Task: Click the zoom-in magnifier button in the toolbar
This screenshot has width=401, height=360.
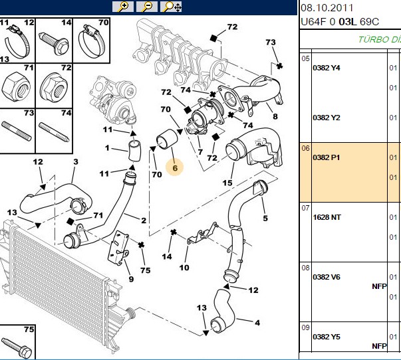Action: pos(123,7)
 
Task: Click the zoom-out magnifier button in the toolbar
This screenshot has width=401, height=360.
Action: pos(147,7)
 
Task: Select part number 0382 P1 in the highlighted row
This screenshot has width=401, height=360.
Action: pos(327,157)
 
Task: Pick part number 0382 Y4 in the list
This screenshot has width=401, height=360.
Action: pos(327,68)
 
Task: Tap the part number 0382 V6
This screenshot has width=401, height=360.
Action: pos(327,277)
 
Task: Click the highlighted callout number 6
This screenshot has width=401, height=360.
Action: pos(175,168)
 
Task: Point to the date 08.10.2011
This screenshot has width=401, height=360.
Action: pos(327,8)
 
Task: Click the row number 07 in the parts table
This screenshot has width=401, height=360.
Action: pos(305,208)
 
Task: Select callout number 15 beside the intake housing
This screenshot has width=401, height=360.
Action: pos(227,183)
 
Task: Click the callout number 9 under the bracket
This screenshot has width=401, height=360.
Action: pos(131,279)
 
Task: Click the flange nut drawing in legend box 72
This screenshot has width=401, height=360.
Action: pos(54,88)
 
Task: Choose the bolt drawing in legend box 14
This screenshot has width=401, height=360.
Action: pos(54,43)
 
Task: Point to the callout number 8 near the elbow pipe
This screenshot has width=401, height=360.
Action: pos(275,116)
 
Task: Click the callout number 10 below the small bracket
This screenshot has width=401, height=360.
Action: pos(184,268)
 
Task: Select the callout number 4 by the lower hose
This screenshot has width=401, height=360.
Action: pos(257,323)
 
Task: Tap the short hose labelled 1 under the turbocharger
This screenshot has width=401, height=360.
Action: pos(134,151)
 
